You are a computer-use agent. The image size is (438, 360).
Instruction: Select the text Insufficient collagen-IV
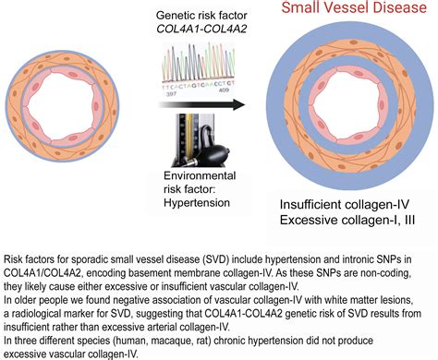point(344,202)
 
